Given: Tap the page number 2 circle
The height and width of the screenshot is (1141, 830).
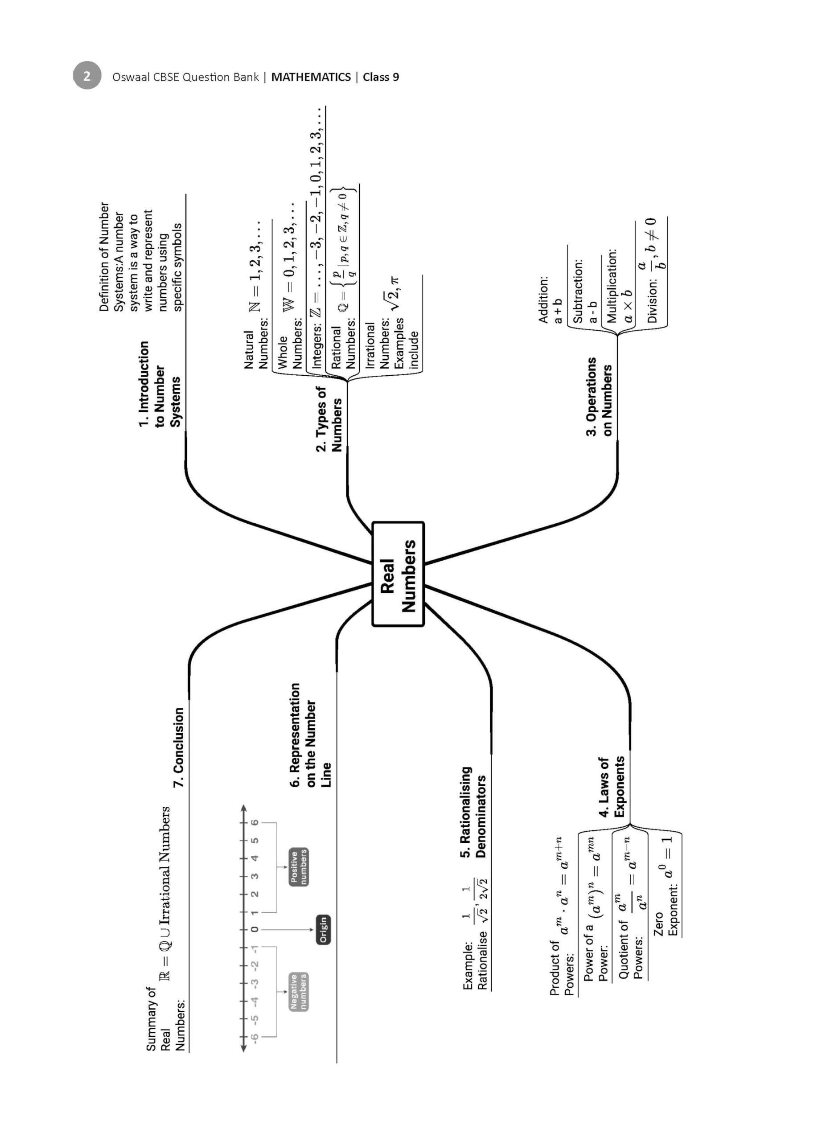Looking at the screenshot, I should [87, 75].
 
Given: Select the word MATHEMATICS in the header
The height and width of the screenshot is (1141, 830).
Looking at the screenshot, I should [311, 77].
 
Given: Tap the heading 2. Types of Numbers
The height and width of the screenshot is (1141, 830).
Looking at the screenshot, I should [329, 419].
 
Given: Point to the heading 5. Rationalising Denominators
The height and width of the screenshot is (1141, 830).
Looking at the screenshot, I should [473, 812].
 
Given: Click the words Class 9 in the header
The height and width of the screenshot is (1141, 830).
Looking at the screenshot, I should [381, 77].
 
